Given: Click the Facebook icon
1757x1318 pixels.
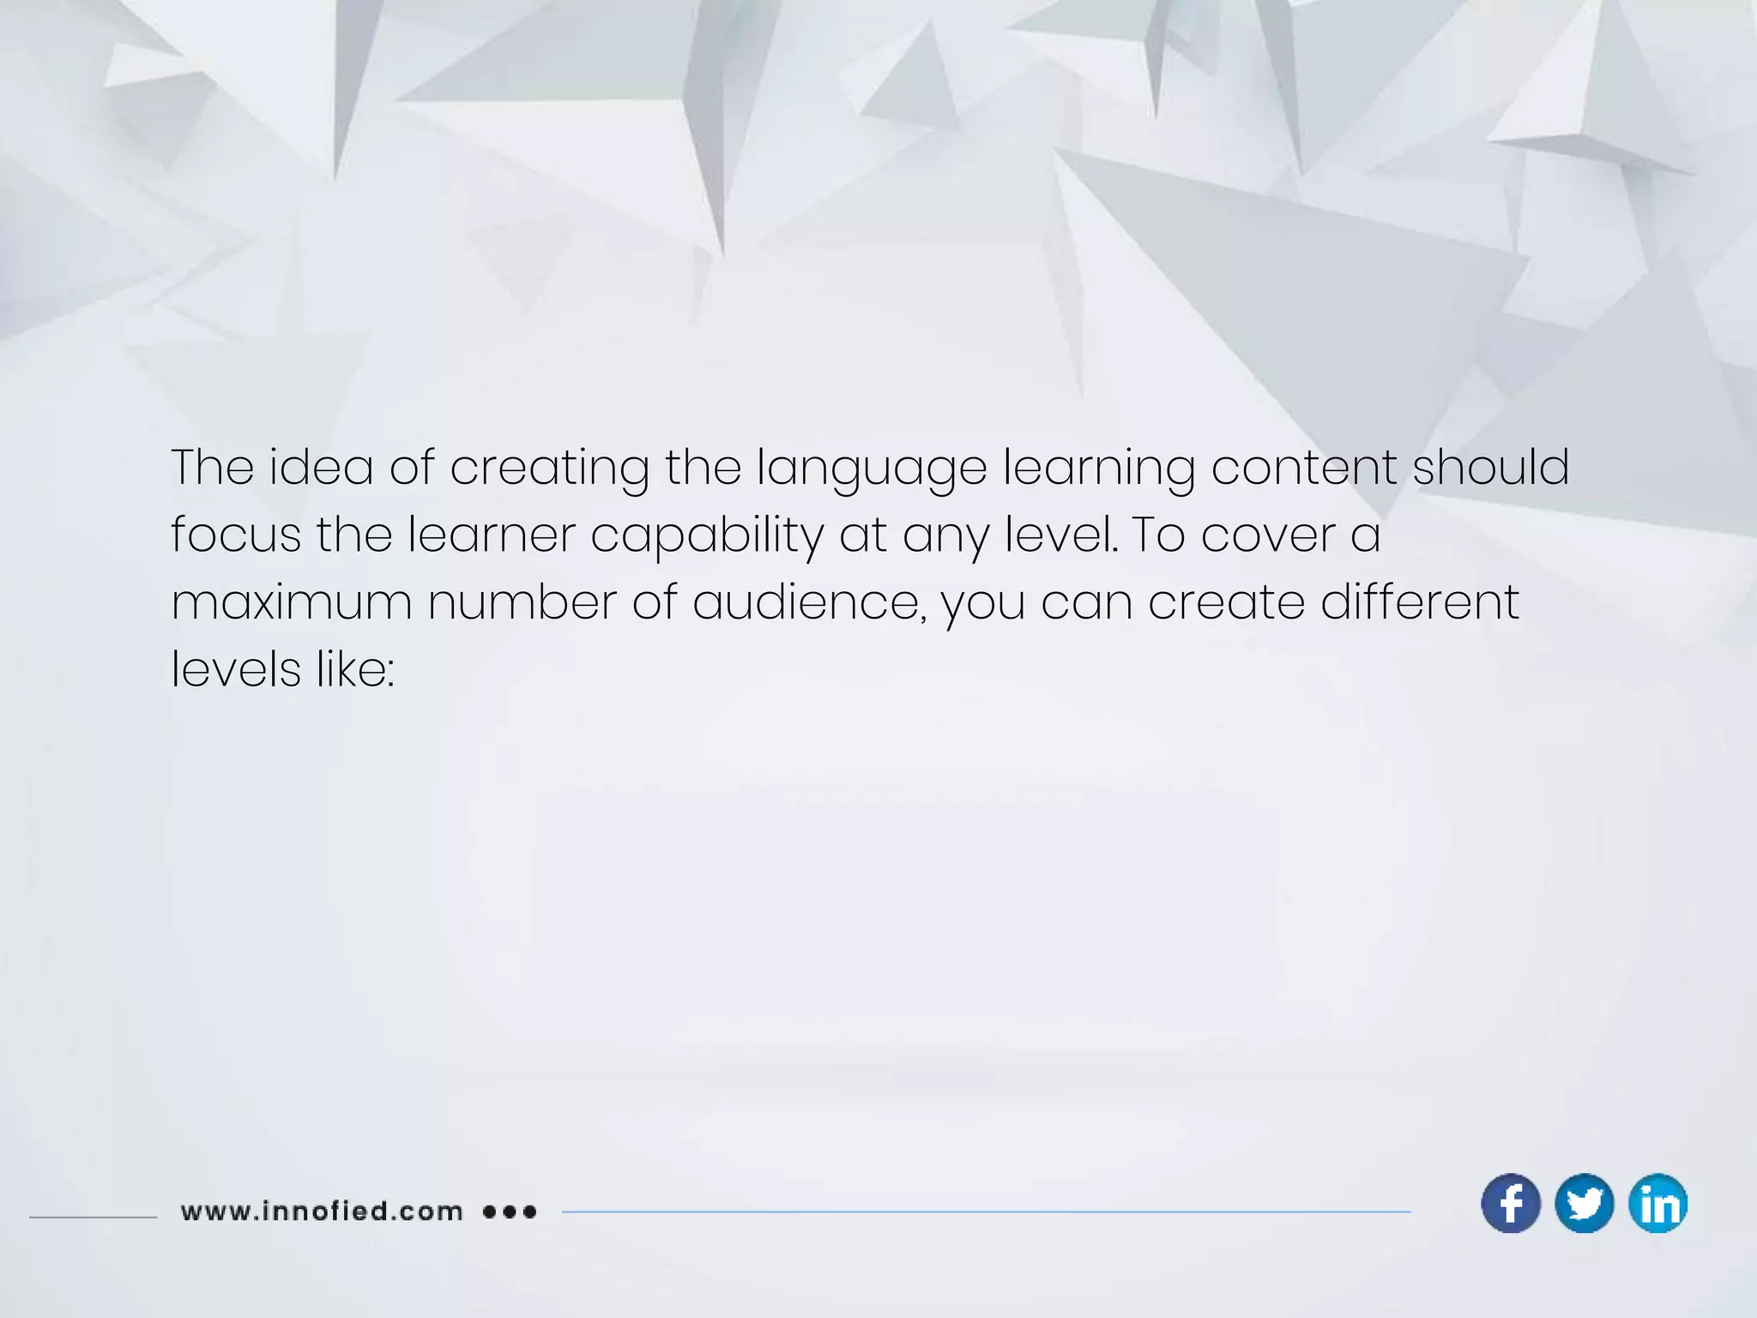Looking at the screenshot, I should [x=1511, y=1203].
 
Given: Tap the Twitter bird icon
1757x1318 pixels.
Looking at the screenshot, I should [x=1584, y=1203].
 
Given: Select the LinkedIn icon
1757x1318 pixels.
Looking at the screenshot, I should [x=1657, y=1203].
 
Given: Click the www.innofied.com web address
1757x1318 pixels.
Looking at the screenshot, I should [x=322, y=1212].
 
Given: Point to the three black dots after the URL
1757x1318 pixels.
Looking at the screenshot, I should [x=510, y=1212].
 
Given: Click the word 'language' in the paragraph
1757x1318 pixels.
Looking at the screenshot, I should [x=872, y=469].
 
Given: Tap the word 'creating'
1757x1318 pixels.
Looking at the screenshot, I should [x=549, y=469].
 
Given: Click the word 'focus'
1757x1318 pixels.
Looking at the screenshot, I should [x=236, y=535].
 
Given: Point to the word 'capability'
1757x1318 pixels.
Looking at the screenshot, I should [x=707, y=536].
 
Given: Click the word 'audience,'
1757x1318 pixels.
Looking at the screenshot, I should [x=806, y=602].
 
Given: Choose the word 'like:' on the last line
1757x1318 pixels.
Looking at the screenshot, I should [x=355, y=668].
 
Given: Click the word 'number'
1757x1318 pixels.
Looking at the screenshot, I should [x=522, y=602].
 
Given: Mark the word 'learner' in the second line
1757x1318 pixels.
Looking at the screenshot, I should [x=491, y=535].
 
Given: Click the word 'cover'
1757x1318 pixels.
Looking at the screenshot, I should [x=1268, y=536].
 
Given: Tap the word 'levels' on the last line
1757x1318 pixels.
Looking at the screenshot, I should [x=236, y=668].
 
